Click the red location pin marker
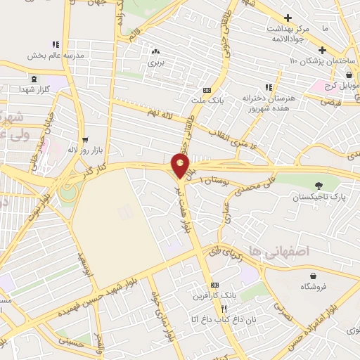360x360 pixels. (x=181, y=165)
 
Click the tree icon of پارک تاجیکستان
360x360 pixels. (x=321, y=186)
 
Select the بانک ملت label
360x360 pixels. (x=207, y=101)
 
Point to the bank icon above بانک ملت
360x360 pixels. (x=207, y=90)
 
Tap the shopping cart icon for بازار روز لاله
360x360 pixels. (x=85, y=139)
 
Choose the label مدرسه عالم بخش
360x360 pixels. (x=56, y=55)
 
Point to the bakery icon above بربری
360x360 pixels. (x=155, y=51)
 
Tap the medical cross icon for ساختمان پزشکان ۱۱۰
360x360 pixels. (x=322, y=50)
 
